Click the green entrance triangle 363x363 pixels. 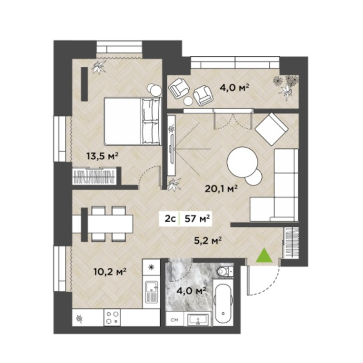264,256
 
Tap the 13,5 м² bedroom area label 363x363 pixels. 103,156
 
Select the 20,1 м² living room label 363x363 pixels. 221,189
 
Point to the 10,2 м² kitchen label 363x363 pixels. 110,271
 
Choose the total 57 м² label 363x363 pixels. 197,218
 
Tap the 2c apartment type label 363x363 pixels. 170,219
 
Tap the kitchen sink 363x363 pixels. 152,291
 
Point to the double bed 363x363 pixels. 132,121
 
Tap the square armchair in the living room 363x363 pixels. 271,129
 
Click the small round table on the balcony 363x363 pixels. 188,101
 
